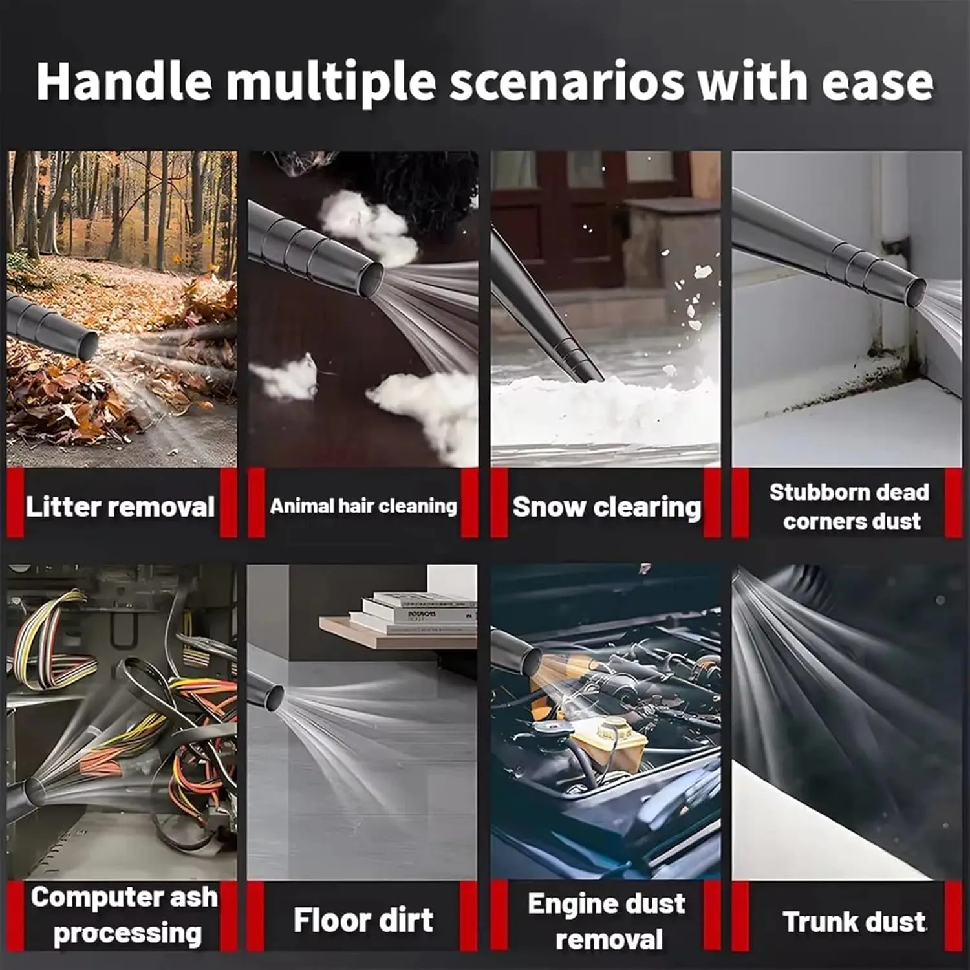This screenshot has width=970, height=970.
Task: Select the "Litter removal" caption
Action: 120,506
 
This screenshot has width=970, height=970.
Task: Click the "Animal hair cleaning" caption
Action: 363,506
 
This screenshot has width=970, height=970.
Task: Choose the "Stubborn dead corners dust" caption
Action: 850,506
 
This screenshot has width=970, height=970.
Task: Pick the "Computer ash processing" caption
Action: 124,914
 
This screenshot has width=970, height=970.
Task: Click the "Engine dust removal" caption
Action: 607,921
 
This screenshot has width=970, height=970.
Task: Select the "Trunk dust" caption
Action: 854,921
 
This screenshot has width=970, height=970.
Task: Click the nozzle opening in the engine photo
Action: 532,660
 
